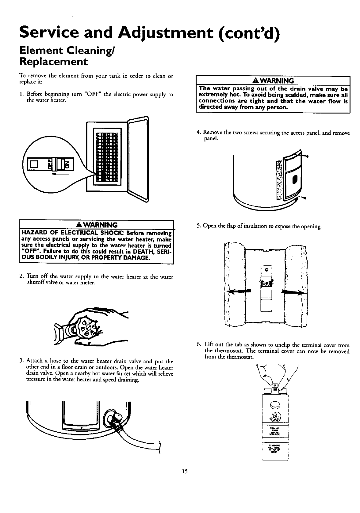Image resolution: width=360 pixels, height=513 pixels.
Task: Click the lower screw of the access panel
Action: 305,198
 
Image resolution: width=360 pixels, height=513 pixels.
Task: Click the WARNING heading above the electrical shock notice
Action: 96,225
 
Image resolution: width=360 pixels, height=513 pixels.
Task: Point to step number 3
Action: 20,361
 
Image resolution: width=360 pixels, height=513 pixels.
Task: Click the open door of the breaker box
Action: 138,160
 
